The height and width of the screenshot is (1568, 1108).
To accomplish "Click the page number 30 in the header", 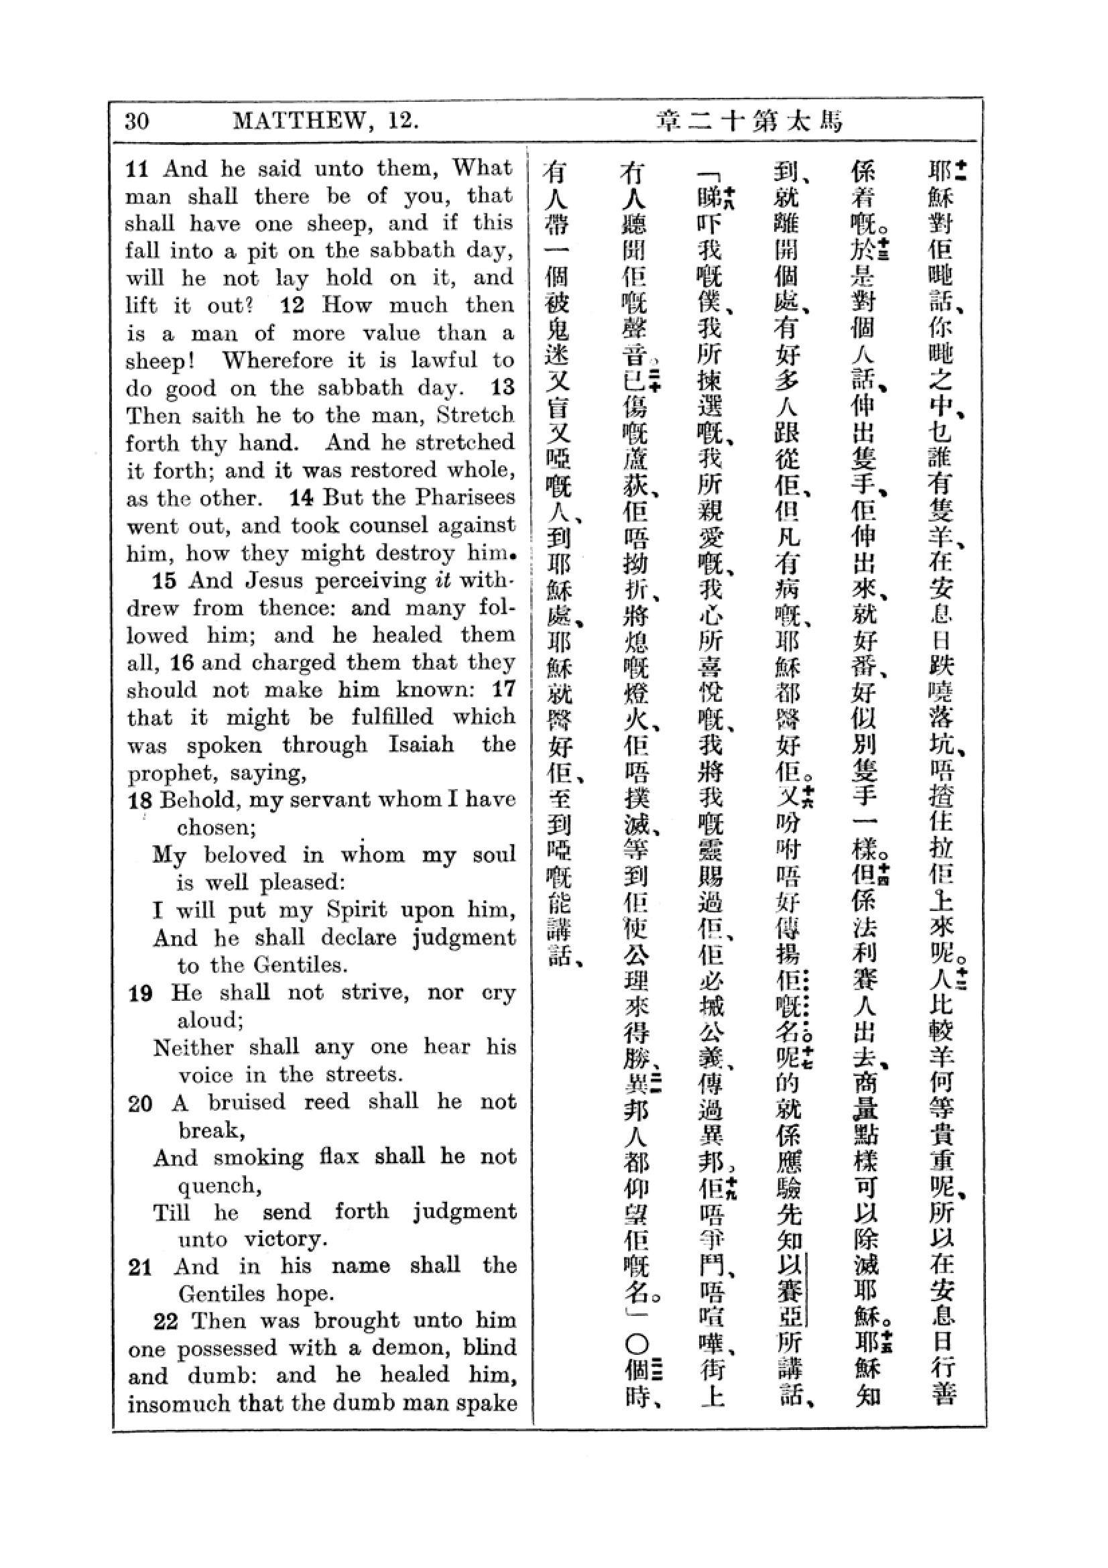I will (137, 121).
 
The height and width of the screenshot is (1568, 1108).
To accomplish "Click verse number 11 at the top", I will (137, 169).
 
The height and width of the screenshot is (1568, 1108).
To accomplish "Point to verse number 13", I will (503, 387).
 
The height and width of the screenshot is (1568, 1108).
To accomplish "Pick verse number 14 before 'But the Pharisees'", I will (301, 497).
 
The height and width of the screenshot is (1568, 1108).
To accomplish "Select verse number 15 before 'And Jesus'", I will (164, 581).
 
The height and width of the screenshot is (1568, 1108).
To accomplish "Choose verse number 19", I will (141, 993).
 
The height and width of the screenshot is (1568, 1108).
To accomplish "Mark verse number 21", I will (140, 1268).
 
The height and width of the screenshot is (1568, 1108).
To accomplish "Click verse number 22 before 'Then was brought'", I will (166, 1322).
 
